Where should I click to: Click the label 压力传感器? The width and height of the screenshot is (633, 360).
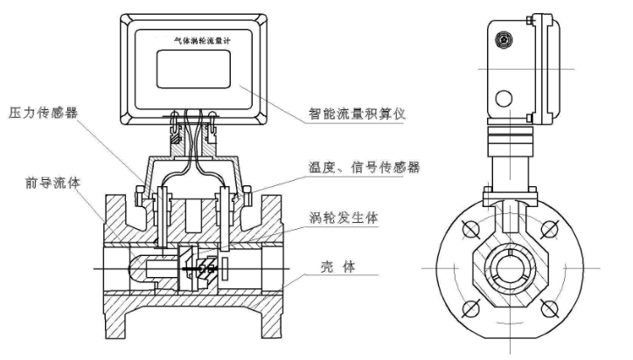click(42, 113)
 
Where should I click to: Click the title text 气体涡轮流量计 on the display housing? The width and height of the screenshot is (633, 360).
click(197, 41)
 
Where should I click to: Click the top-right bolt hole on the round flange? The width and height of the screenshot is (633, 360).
click(550, 230)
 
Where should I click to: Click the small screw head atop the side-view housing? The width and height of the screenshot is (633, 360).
click(504, 39)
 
